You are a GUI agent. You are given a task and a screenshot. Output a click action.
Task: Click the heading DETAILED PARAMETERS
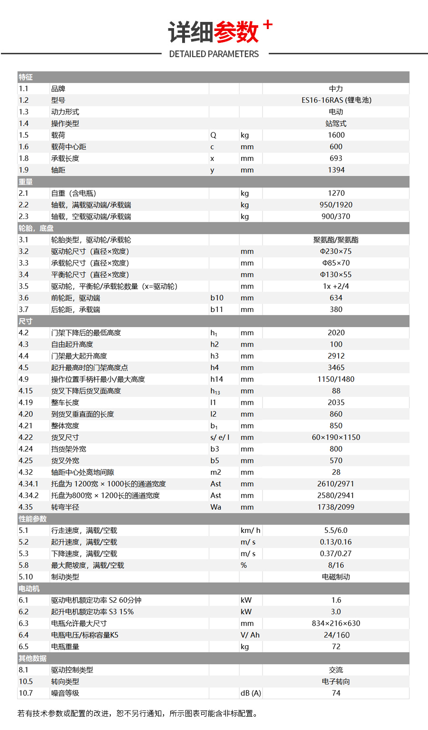click(214, 54)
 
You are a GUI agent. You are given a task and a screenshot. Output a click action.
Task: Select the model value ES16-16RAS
click(336, 100)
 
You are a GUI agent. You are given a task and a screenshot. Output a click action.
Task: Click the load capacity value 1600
click(336, 135)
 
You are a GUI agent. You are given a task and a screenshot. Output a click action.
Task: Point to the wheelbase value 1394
click(336, 170)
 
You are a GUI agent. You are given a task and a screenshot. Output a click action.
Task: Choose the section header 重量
click(26, 181)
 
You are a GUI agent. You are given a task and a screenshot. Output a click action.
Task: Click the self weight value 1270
click(336, 193)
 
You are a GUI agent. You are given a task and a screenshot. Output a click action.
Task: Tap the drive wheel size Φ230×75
click(336, 251)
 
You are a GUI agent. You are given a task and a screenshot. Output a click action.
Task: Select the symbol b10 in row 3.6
click(217, 298)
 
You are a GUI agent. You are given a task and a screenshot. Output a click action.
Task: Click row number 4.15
click(26, 391)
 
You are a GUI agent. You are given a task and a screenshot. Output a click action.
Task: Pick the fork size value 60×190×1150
click(336, 437)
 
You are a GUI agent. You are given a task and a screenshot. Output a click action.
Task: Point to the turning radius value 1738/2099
click(336, 507)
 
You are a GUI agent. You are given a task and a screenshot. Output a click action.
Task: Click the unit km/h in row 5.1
click(250, 530)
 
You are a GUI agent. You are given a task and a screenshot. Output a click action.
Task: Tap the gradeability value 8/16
click(336, 565)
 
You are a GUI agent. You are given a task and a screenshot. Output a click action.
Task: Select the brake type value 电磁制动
click(336, 577)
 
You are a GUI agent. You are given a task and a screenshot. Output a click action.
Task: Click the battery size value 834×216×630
click(336, 623)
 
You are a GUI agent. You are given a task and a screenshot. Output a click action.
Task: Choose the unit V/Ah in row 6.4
click(250, 635)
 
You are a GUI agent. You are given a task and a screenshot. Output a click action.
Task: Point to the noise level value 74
click(336, 693)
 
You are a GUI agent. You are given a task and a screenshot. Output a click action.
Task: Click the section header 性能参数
click(33, 519)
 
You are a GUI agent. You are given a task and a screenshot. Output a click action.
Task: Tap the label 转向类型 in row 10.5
click(65, 681)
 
